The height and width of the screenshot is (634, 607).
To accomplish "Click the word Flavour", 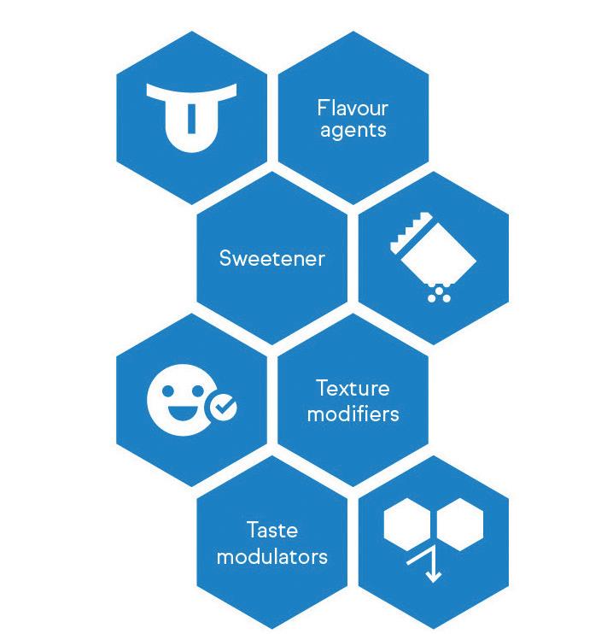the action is click(353, 109).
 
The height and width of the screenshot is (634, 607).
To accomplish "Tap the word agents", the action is click(353, 131).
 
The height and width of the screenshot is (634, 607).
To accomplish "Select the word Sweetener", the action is click(271, 258).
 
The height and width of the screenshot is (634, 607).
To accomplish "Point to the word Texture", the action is click(353, 389).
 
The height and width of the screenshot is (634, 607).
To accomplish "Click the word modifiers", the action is click(353, 414).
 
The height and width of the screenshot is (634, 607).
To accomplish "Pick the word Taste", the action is click(271, 530).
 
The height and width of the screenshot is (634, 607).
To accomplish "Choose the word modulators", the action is click(271, 556).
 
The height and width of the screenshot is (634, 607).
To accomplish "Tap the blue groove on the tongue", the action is click(191, 118).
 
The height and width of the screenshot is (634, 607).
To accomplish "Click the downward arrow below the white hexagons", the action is click(432, 569).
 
